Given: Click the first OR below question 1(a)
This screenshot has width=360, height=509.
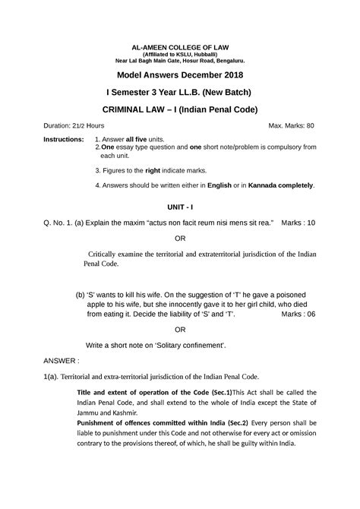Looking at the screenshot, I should pyautogui.click(x=180, y=237).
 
